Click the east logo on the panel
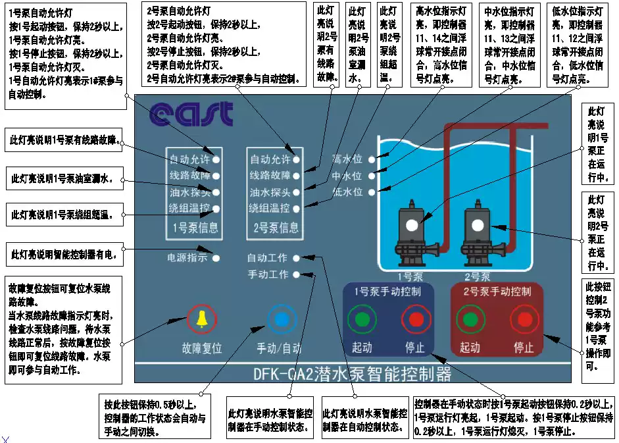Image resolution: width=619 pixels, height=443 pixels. pyautogui.click(x=191, y=115)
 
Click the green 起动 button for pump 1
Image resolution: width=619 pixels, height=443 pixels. pyautogui.click(x=362, y=320)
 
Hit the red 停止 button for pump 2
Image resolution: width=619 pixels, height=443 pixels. pyautogui.click(x=524, y=320)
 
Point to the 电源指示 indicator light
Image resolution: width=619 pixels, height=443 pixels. pyautogui.click(x=216, y=258)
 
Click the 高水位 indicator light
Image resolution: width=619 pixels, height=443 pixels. pyautogui.click(x=372, y=159)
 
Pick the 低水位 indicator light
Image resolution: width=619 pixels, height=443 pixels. pyautogui.click(x=372, y=192)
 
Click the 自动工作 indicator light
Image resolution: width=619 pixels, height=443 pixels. pyautogui.click(x=297, y=258)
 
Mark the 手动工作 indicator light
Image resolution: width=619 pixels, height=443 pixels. pyautogui.click(x=297, y=274)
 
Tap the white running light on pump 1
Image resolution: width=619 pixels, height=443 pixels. pyautogui.click(x=412, y=224)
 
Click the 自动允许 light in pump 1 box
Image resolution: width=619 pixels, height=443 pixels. pyautogui.click(x=216, y=159)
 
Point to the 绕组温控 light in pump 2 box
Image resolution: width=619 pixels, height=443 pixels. pyautogui.click(x=297, y=209)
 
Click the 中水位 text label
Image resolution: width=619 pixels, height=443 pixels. pyautogui.click(x=347, y=176)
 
